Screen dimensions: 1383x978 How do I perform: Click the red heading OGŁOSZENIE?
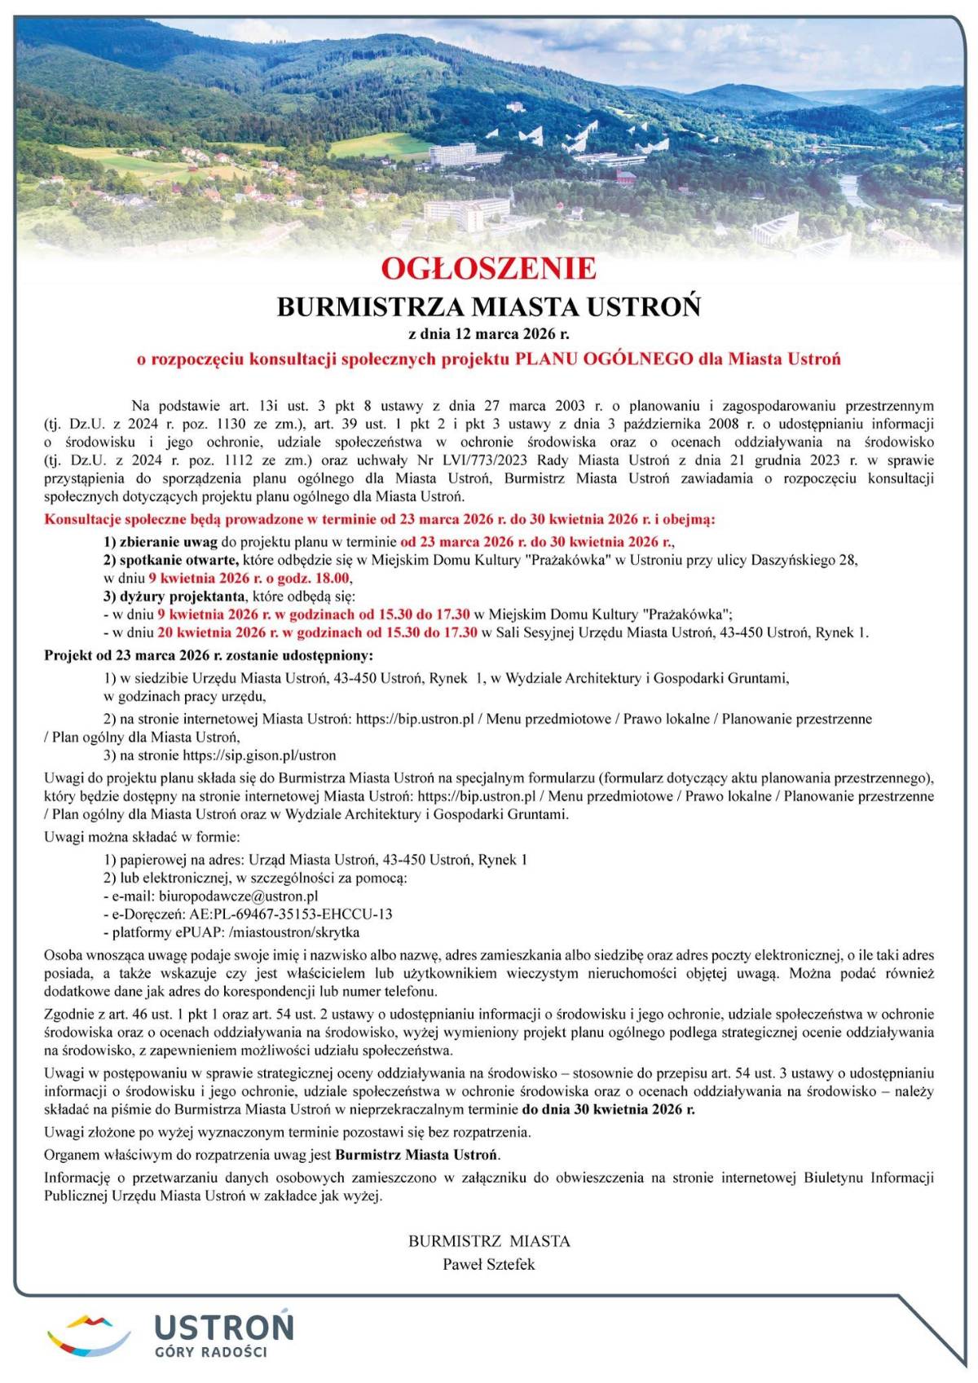pyautogui.click(x=489, y=269)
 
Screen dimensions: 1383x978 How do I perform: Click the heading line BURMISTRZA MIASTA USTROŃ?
pyautogui.click(x=489, y=307)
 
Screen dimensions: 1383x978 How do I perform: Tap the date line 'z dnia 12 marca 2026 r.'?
pyautogui.click(x=489, y=334)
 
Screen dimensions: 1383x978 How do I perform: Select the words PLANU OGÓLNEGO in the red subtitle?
pyautogui.click(x=603, y=359)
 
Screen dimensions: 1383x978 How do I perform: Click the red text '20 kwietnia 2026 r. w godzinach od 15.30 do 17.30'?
pyautogui.click(x=317, y=632)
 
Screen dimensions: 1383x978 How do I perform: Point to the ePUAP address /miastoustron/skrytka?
pyautogui.click(x=294, y=932)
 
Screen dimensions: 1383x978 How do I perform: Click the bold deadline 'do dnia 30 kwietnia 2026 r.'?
pyautogui.click(x=609, y=1109)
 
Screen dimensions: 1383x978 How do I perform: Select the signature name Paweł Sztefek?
pyautogui.click(x=489, y=1265)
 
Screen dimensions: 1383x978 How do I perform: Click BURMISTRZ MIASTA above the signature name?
pyautogui.click(x=489, y=1241)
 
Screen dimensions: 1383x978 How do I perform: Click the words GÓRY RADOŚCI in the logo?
pyautogui.click(x=212, y=1352)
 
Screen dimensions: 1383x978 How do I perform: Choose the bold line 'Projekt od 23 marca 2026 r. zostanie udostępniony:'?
pyautogui.click(x=209, y=655)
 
